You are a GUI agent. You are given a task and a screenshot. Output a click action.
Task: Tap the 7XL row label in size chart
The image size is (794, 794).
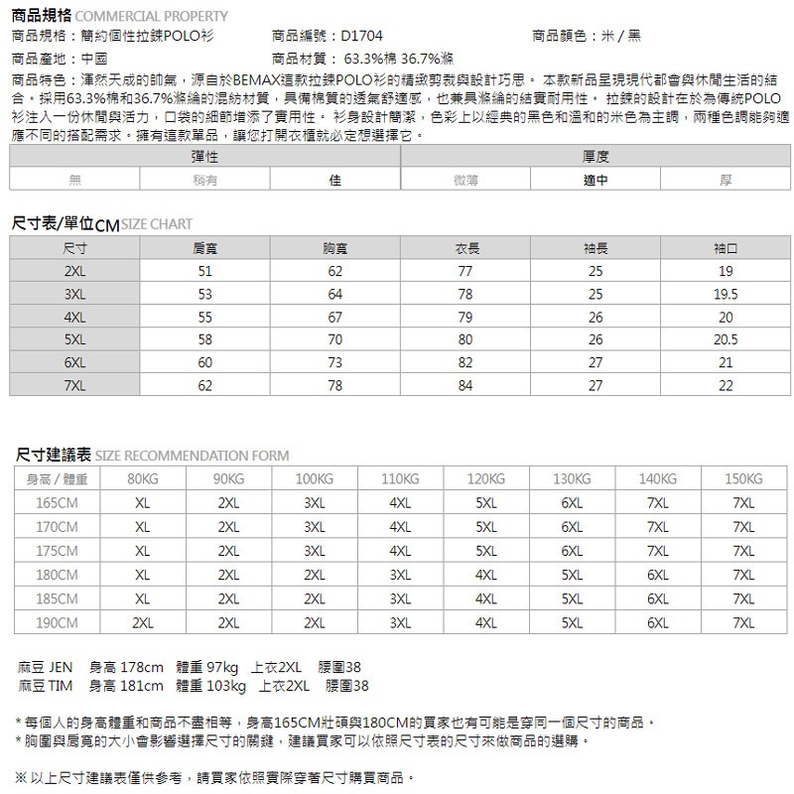[74, 384]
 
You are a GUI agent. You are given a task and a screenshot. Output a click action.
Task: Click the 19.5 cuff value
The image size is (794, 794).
[726, 295]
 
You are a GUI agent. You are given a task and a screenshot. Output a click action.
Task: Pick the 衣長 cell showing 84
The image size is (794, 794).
[465, 384]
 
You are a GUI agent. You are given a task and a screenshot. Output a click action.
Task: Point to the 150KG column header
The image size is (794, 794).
[743, 479]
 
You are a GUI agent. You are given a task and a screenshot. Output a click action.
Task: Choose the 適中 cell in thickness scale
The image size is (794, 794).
[595, 180]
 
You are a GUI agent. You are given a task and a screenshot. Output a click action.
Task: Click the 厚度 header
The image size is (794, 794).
[595, 158]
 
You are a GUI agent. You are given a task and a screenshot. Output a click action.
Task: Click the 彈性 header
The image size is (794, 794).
[205, 158]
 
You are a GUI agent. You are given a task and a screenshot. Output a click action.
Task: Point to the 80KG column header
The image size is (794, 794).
[143, 479]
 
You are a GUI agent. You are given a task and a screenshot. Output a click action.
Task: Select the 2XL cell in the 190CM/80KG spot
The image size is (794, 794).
[143, 622]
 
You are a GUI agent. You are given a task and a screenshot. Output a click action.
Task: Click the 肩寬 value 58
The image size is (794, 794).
[205, 339]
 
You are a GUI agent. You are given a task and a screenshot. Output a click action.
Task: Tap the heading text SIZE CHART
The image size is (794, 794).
[157, 224]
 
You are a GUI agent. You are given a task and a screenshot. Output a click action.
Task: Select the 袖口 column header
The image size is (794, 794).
[726, 246]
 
